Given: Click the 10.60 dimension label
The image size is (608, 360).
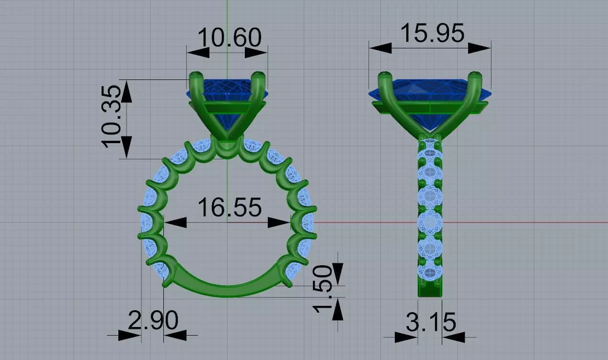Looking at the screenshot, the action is click(x=229, y=37).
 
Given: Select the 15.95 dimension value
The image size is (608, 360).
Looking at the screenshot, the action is click(x=432, y=33).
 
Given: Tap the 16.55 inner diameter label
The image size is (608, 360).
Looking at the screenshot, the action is click(x=229, y=207).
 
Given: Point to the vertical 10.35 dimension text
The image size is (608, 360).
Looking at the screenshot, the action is click(x=111, y=117).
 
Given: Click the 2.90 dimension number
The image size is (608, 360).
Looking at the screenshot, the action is click(x=153, y=320).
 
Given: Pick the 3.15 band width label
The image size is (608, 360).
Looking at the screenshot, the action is click(x=431, y=322).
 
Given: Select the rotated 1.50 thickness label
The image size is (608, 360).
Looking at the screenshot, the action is click(x=322, y=289).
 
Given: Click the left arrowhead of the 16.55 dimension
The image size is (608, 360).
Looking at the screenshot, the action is click(x=175, y=223).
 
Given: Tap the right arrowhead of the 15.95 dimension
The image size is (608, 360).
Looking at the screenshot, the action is click(x=480, y=48).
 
